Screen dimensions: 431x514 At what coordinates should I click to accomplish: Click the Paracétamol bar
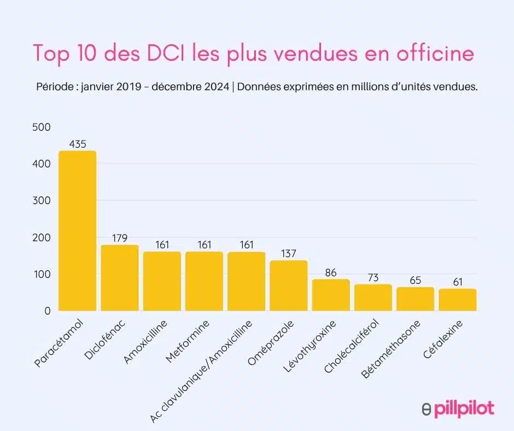tap(77, 231)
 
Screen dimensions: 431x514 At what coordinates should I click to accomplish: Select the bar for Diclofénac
tap(120, 278)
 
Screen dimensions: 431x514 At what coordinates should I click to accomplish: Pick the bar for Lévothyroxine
tap(331, 295)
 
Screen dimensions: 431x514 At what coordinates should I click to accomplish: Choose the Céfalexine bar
tap(457, 300)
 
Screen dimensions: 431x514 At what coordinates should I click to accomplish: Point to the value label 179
tap(120, 238)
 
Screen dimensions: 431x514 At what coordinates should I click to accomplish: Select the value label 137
tap(288, 254)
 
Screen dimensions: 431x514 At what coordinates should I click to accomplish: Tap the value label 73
tap(373, 278)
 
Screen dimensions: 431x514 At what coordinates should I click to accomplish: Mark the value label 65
tap(415, 281)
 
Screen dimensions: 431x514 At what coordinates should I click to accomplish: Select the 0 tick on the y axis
tap(47, 311)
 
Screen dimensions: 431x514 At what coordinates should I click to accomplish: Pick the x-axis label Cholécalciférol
tap(351, 350)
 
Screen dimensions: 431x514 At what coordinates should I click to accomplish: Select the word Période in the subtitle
tap(53, 88)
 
